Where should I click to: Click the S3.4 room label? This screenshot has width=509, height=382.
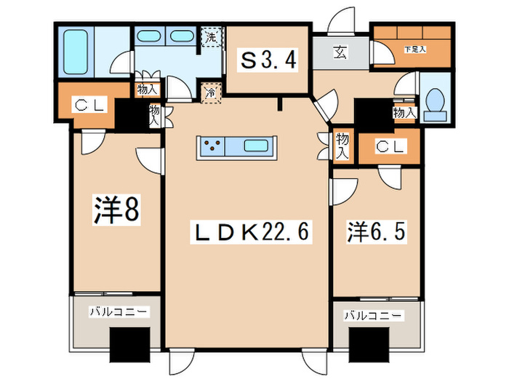[x=268, y=62]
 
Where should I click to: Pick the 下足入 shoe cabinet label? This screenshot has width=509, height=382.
[x=414, y=49]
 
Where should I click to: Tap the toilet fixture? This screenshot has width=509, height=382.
[x=435, y=105]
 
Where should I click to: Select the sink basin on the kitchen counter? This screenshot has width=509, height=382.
[x=256, y=146]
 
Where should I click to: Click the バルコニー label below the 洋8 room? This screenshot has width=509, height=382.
[x=118, y=311]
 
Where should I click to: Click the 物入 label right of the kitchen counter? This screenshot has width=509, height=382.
[x=343, y=146]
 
